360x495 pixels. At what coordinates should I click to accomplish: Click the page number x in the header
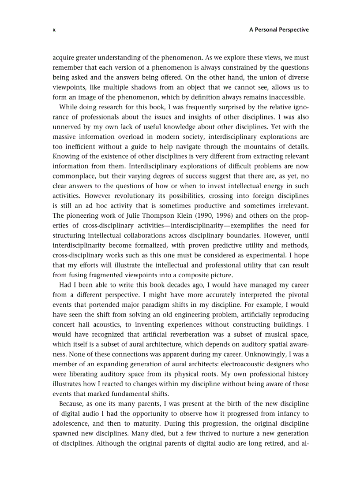(x=54, y=30)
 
